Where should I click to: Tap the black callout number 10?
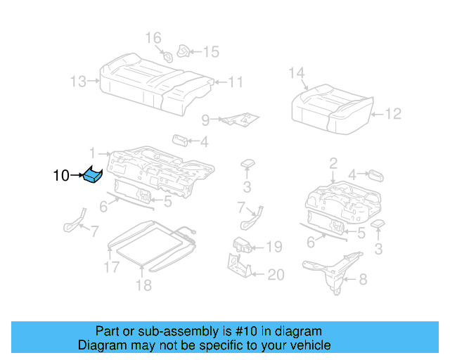(x=61, y=176)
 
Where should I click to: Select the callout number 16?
(x=153, y=37)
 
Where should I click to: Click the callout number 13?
(x=78, y=82)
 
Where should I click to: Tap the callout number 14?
(x=297, y=72)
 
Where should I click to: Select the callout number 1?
(x=92, y=152)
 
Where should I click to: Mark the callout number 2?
(x=333, y=164)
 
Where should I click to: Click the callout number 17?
(x=112, y=267)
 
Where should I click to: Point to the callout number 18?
(x=143, y=285)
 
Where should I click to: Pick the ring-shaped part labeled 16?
(x=168, y=57)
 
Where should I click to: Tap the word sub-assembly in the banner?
(x=156, y=331)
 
